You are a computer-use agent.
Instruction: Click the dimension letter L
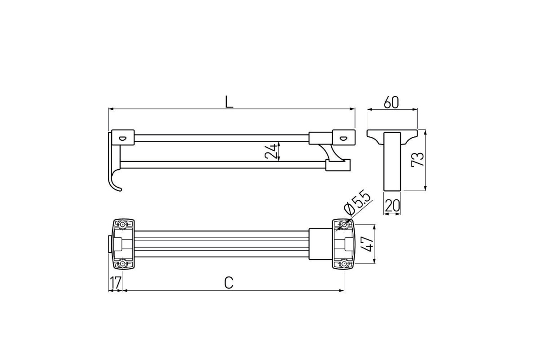[x=229, y=102]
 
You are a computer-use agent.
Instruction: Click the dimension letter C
[x=229, y=283]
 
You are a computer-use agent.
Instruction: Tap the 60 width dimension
[x=391, y=102]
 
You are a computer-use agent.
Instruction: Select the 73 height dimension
[x=418, y=159]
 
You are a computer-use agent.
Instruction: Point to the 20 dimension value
[x=392, y=206]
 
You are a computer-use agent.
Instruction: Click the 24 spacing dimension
[x=270, y=151]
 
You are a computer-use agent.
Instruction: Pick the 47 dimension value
[x=368, y=244]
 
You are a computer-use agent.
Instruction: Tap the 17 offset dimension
[x=115, y=283]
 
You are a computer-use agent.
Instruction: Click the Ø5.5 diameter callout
[x=357, y=204]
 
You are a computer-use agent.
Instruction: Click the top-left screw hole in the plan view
[x=123, y=225]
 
